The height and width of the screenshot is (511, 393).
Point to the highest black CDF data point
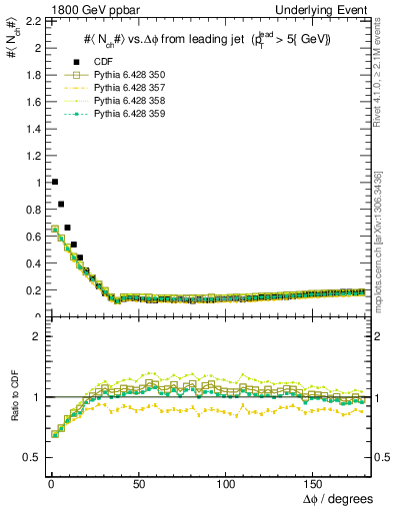pos(54,182)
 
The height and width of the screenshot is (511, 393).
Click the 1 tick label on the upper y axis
pos(36,183)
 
